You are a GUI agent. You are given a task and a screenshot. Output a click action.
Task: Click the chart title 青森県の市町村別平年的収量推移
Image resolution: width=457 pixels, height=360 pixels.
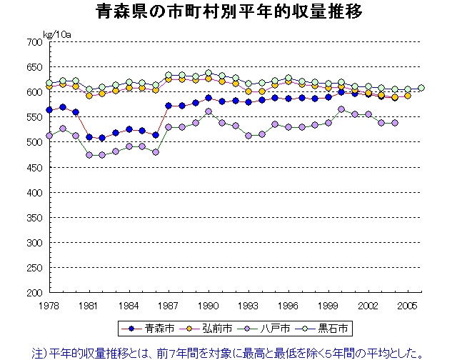[x=228, y=12]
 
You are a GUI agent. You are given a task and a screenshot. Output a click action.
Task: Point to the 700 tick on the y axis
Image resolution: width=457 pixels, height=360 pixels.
[x=34, y=42]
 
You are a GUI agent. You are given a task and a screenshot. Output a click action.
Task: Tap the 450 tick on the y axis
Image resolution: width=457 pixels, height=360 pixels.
[x=34, y=168]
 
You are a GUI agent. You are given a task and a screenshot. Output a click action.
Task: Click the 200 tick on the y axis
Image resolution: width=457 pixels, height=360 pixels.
[x=34, y=293]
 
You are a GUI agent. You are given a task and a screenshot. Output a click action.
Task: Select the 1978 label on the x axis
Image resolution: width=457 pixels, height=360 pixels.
[x=49, y=305]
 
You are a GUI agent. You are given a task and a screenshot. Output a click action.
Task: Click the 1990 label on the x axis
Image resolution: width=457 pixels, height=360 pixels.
[x=209, y=305]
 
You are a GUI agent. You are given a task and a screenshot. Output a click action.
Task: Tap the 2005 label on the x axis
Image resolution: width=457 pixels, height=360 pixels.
[x=408, y=305]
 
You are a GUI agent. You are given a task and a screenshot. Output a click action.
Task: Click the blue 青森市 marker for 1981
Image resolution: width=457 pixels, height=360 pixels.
[x=89, y=137]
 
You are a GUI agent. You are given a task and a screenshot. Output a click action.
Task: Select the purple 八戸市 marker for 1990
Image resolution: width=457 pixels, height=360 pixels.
[x=209, y=111]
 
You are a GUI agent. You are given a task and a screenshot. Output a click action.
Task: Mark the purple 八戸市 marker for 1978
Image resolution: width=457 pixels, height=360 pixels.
[x=49, y=136]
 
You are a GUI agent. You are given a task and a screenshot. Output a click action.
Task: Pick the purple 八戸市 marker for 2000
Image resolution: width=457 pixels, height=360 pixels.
[x=341, y=109]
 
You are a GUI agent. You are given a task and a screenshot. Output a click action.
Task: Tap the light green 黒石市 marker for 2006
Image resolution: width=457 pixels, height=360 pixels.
[x=421, y=88]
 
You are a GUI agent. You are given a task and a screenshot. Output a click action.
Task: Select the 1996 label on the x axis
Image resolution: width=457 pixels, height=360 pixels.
[x=288, y=305]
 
